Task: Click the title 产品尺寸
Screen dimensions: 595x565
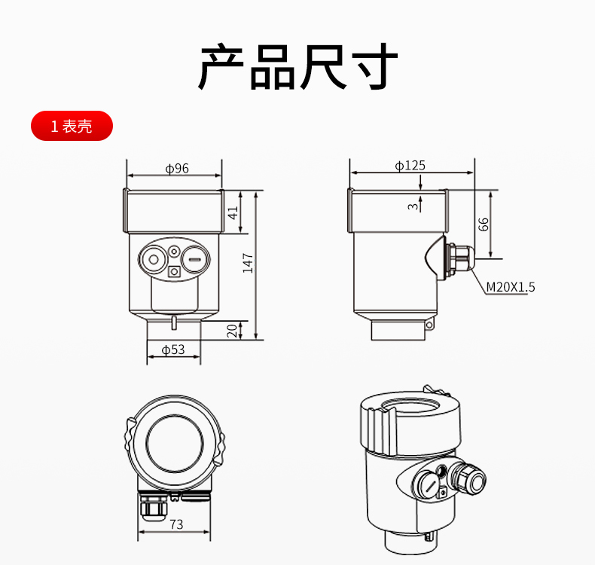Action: click(x=298, y=66)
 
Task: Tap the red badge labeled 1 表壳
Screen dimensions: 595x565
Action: click(x=72, y=126)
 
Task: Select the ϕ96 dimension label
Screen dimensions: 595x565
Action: click(x=177, y=168)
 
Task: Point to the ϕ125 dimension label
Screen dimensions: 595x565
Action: click(x=410, y=166)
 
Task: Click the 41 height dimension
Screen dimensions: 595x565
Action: click(x=233, y=212)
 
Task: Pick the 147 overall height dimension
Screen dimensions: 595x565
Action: click(x=248, y=263)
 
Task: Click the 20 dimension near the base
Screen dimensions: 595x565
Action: click(x=232, y=331)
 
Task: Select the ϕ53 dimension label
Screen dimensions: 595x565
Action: click(x=173, y=350)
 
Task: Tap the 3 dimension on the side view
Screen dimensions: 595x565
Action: click(x=413, y=206)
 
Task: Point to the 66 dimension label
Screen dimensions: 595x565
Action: click(x=483, y=224)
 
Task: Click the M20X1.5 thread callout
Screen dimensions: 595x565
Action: click(x=511, y=287)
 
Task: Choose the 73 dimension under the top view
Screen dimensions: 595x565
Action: click(x=176, y=524)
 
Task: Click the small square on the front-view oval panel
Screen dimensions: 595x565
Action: click(x=174, y=272)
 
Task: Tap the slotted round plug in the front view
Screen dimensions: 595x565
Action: click(x=195, y=260)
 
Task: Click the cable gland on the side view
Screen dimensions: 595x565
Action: click(x=460, y=260)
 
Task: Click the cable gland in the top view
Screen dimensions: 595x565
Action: click(x=154, y=506)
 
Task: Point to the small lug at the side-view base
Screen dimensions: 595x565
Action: click(x=429, y=325)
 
